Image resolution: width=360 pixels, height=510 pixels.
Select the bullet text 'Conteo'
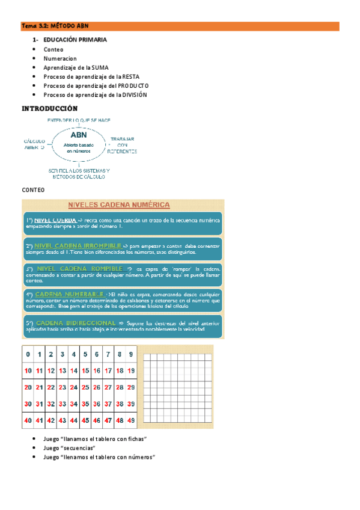point(53,49)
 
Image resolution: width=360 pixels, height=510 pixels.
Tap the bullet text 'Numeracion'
point(60,59)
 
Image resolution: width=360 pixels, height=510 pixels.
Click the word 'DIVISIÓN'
point(135,95)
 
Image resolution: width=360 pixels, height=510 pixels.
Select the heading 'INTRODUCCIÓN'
point(50,109)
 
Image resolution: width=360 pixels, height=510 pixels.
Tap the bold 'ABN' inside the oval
point(79,135)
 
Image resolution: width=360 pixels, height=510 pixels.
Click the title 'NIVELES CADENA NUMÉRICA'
point(122,205)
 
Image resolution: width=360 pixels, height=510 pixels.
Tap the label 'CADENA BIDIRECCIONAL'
point(76,323)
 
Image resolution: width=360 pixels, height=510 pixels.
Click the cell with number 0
point(28,354)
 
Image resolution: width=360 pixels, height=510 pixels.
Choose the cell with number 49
point(132,420)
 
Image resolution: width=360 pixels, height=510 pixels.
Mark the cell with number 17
point(108,371)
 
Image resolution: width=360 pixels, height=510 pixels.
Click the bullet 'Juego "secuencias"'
point(69,448)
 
